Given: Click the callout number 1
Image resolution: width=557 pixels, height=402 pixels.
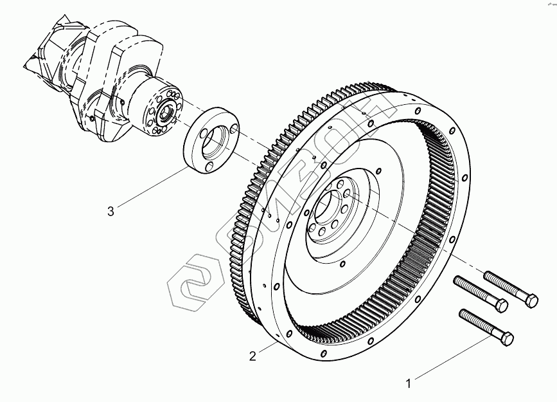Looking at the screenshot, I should (407, 385).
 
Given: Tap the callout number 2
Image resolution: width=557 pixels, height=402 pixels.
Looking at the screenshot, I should (253, 354).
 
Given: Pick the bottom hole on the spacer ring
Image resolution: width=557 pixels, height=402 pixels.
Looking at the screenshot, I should (209, 167).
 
